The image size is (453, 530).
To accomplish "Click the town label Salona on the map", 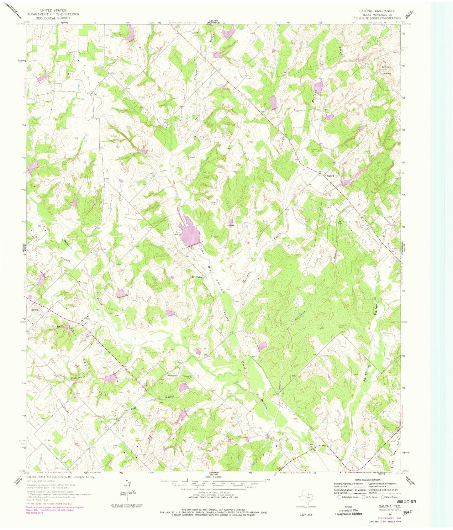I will click(34, 309).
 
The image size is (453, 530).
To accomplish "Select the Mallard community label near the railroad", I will click(330, 176).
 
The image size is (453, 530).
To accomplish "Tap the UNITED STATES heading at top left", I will click(53, 11).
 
